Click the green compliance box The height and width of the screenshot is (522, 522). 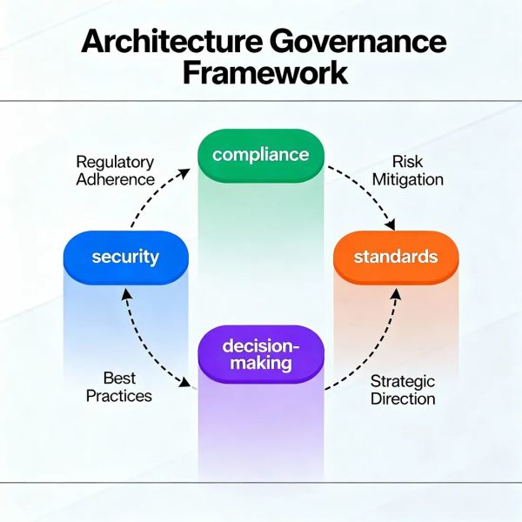(x=260, y=155)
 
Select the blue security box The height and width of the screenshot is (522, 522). (x=126, y=257)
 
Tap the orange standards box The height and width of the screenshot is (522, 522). (x=395, y=257)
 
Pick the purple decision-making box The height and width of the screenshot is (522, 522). (x=260, y=353)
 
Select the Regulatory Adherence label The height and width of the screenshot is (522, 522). (x=115, y=171)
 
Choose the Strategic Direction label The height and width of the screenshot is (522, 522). (x=403, y=390)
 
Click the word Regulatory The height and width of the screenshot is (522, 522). (x=115, y=162)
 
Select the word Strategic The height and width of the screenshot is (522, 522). (x=403, y=380)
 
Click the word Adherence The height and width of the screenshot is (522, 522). (x=115, y=180)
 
